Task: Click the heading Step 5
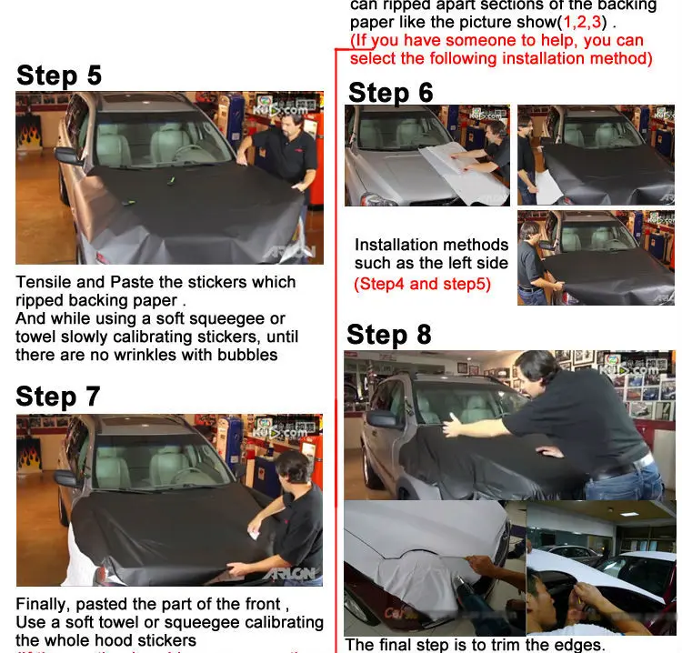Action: point(59,75)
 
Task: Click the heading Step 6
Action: point(390,93)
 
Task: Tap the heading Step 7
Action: point(58,397)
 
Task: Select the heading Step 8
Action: point(388,334)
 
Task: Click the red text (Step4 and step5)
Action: point(421,284)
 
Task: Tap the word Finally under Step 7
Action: point(43,604)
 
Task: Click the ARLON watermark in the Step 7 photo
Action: point(292,575)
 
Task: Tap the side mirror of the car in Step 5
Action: point(68,156)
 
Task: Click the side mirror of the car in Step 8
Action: point(384,419)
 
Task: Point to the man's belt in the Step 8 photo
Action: point(627,467)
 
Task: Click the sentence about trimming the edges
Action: point(475,645)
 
